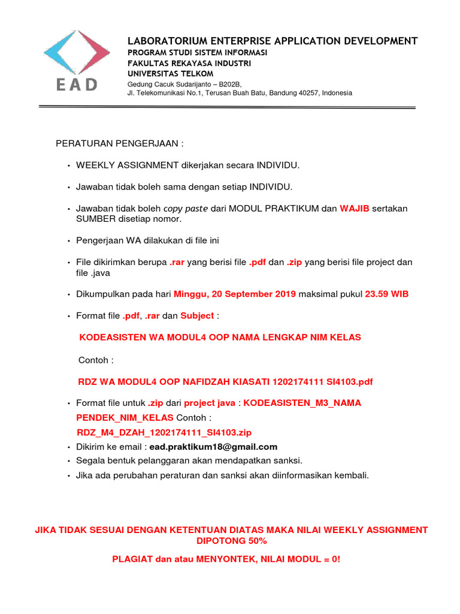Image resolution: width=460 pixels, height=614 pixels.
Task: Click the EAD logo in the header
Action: pyautogui.click(x=76, y=60)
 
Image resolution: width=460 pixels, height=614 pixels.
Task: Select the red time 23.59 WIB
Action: pyautogui.click(x=387, y=294)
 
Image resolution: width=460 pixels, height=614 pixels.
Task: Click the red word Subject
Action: pyautogui.click(x=197, y=315)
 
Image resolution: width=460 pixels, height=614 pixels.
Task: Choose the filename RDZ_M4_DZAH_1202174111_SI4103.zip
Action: pyautogui.click(x=165, y=432)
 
